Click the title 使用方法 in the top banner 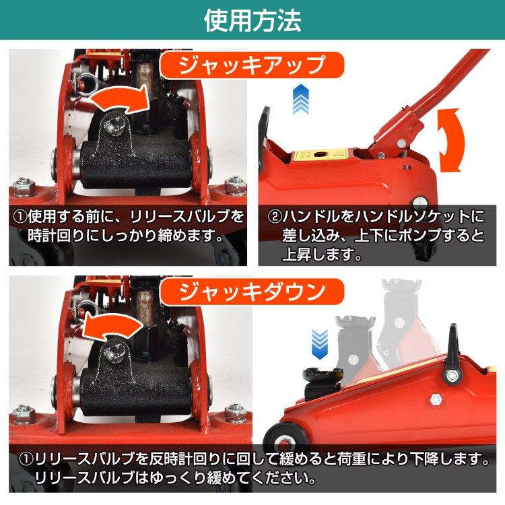tap(252, 20)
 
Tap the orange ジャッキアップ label tap(252, 66)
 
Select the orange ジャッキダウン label tap(252, 292)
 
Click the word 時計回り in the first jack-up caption tap(53, 236)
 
